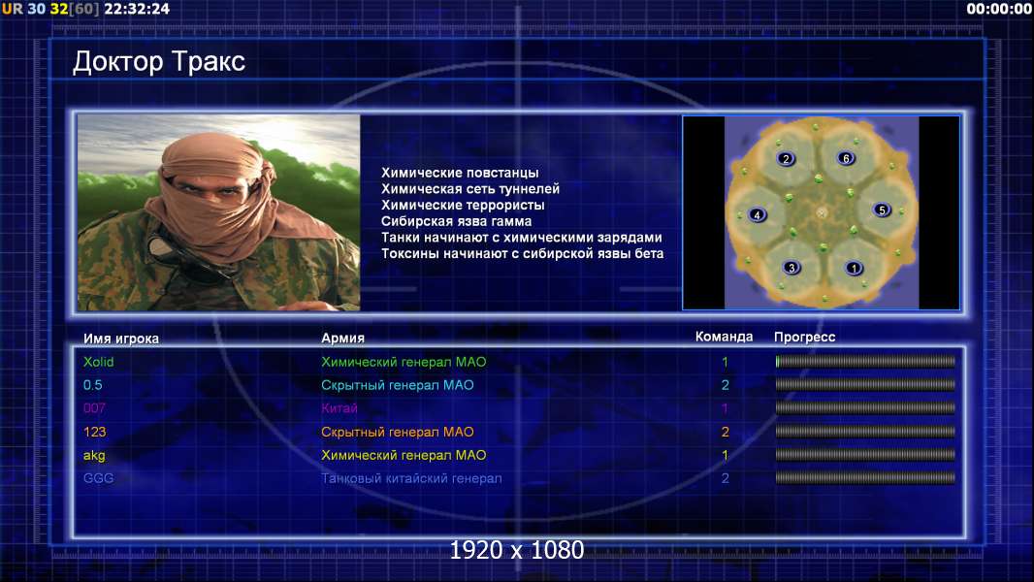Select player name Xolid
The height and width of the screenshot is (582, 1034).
98,362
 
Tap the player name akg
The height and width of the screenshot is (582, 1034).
94,456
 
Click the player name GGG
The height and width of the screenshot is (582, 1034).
98,478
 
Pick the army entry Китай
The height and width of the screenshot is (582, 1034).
339,408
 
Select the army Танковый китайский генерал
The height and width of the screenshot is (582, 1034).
411,478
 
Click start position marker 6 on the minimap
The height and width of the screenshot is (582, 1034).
846,158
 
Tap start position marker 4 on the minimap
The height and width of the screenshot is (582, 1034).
757,215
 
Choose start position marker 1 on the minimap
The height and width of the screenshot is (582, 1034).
854,269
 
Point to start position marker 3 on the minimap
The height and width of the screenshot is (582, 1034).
792,268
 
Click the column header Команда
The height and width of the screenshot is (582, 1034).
724,337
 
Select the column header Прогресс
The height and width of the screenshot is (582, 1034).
804,338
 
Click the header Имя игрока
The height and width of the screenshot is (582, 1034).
120,339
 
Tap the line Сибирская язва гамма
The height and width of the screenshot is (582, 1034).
456,221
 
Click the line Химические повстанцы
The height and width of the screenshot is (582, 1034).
460,173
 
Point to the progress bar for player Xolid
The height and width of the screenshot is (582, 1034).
865,361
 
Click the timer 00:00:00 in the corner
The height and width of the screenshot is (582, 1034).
999,9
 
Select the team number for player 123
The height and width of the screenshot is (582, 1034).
725,433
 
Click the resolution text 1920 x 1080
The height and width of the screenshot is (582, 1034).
517,550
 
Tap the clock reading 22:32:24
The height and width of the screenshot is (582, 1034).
137,9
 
